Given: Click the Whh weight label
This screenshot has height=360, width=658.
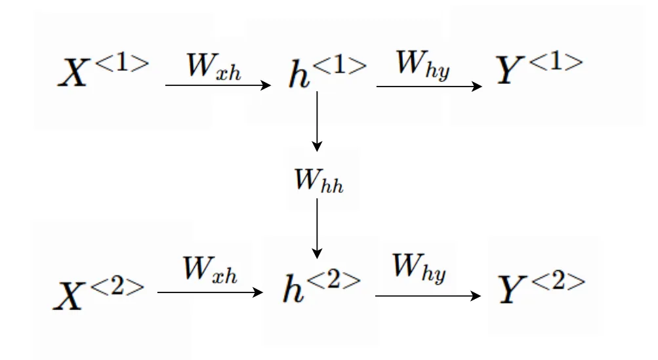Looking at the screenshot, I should click(x=318, y=178).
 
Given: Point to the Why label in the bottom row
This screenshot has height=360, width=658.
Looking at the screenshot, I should click(x=419, y=268).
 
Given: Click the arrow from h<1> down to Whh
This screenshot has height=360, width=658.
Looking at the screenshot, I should click(x=317, y=121).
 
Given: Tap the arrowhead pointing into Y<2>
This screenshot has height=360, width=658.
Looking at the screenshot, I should click(x=476, y=296).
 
